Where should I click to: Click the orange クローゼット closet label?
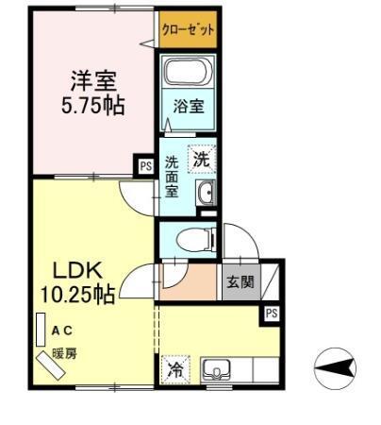[x=188, y=29]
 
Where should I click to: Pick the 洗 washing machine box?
[x=201, y=159]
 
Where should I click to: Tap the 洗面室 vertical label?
[x=173, y=174]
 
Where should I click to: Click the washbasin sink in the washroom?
[x=206, y=194]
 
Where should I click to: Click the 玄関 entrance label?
[x=240, y=281]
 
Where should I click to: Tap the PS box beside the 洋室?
[x=145, y=166]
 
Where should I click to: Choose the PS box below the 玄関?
[x=271, y=313]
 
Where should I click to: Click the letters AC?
[x=63, y=331]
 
